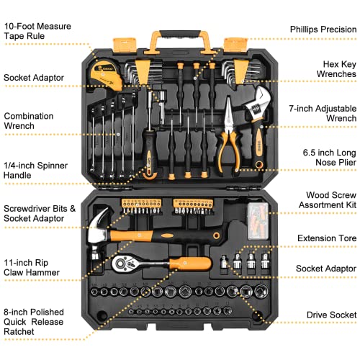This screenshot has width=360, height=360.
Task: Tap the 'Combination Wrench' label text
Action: [x=30, y=121]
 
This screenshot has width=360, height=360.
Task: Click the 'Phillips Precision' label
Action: [x=322, y=30]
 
